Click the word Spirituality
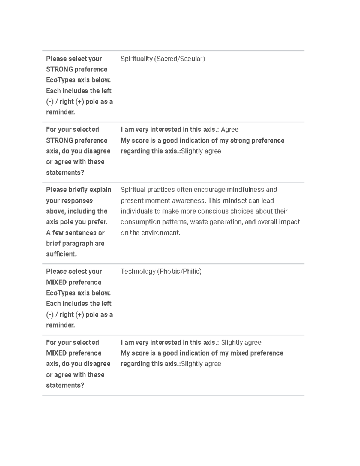click(x=136, y=59)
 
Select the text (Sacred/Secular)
click(x=179, y=59)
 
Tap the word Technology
click(x=138, y=272)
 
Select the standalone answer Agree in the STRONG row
click(x=229, y=130)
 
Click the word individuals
click(x=136, y=211)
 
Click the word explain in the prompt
click(x=100, y=190)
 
